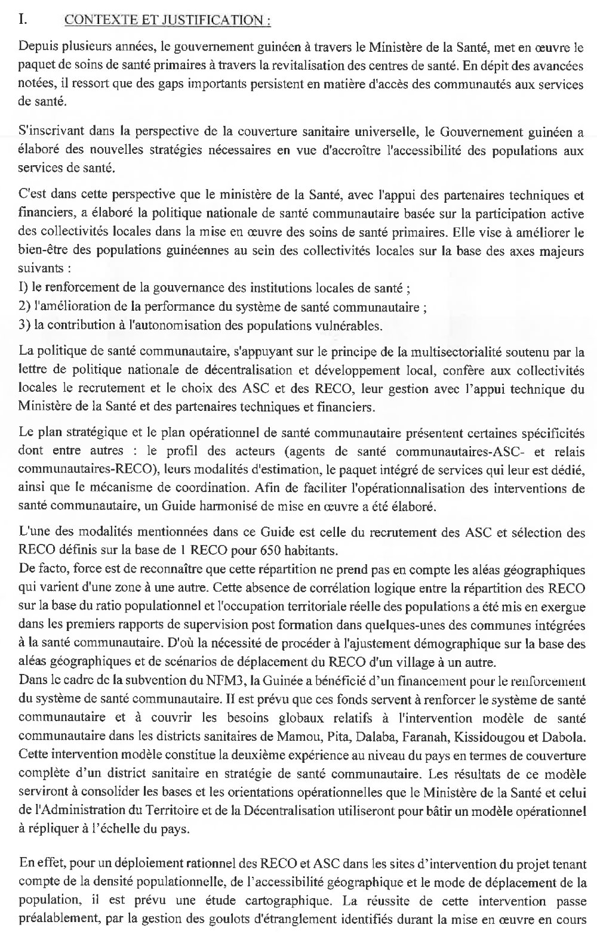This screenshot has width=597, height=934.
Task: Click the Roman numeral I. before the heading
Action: tap(23, 19)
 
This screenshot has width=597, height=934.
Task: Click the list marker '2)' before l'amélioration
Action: tap(24, 308)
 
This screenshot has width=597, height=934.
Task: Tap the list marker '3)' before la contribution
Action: tap(24, 326)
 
